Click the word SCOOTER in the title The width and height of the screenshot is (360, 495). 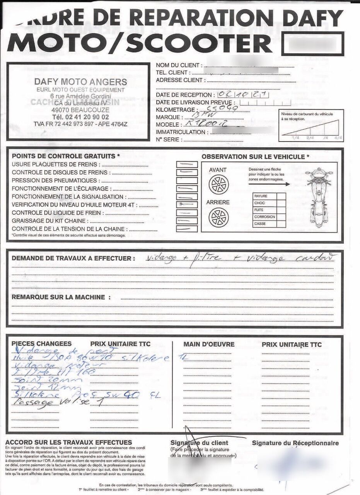point(199,43)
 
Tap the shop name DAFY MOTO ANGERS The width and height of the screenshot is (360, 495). point(80,82)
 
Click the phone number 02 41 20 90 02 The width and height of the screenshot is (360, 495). point(80,117)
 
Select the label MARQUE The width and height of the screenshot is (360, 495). point(168,117)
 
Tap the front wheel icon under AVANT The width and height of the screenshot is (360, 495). point(218,184)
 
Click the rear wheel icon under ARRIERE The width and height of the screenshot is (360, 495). point(218,217)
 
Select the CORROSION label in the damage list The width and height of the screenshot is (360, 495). point(264,217)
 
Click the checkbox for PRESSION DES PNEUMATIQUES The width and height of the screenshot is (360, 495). point(187,181)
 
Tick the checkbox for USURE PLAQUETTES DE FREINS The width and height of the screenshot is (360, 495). point(187,164)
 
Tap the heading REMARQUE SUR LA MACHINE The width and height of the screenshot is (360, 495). point(58,297)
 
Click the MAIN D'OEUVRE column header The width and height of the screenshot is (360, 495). point(209,344)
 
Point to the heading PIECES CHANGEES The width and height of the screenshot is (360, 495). point(41,343)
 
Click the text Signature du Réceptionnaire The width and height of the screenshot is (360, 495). point(295,443)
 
